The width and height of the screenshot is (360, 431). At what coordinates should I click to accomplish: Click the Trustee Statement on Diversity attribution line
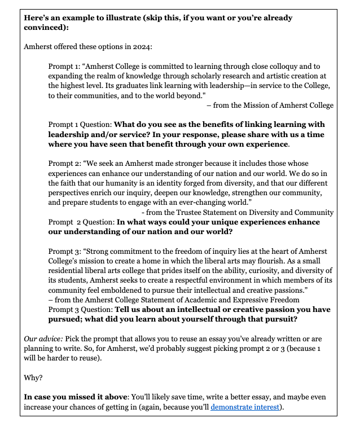(x=237, y=212)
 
